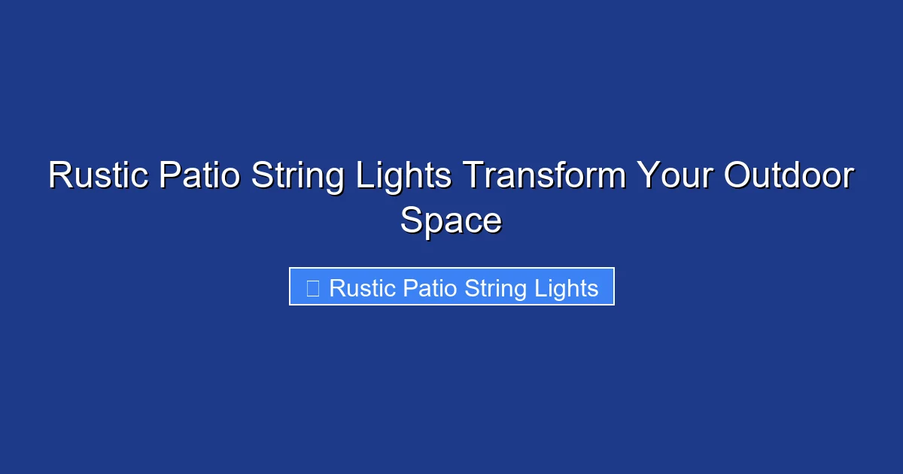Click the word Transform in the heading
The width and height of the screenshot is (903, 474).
coord(544,177)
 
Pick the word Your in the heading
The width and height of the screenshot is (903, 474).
coord(674,177)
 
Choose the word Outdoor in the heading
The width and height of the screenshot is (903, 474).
coord(789,177)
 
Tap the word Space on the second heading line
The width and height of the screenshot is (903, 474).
coord(451,221)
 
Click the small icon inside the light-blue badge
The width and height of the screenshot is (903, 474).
coord(313,287)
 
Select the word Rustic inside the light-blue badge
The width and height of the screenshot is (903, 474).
coord(362,288)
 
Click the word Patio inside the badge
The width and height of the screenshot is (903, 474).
coord(429,288)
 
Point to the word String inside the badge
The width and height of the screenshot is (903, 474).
coord(493,289)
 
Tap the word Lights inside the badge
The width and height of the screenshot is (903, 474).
coord(566,289)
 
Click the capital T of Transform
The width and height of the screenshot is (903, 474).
coord(472,177)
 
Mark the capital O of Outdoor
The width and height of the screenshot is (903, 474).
coord(739,177)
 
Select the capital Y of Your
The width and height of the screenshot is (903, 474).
coord(647,177)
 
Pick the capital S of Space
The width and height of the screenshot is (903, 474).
coord(412,221)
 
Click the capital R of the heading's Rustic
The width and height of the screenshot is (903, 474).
coord(60,177)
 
